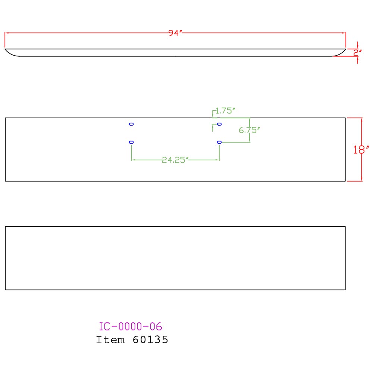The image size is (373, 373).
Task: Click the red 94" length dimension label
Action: (175, 33)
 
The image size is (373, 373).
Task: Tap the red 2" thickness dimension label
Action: (358, 53)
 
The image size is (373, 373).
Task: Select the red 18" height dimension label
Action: (361, 150)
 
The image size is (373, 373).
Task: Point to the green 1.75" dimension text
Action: (225, 111)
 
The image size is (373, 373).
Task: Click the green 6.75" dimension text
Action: (249, 130)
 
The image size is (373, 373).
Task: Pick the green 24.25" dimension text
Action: (175, 160)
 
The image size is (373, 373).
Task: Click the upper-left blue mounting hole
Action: (131, 124)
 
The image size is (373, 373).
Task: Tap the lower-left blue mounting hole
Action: (131, 142)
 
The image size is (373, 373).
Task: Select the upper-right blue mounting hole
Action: (219, 124)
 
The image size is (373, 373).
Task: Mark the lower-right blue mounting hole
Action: (219, 142)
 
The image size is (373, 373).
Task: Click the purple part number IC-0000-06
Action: (130, 326)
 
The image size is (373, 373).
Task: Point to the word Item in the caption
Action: (110, 340)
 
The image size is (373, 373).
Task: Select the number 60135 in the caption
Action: (150, 340)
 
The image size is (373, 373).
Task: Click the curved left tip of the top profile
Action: (5, 49)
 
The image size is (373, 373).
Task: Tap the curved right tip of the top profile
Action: (345, 49)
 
